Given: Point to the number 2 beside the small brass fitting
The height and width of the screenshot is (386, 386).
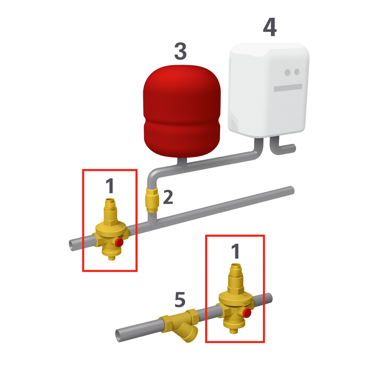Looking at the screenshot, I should pyautogui.click(x=167, y=197).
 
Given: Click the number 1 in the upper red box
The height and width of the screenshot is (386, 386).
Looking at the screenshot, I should pyautogui.click(x=110, y=185).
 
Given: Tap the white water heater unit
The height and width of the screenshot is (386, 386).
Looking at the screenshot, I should pyautogui.click(x=269, y=89).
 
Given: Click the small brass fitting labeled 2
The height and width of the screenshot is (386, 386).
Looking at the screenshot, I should pyautogui.click(x=150, y=198).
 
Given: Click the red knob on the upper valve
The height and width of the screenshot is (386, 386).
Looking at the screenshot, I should pyautogui.click(x=119, y=243).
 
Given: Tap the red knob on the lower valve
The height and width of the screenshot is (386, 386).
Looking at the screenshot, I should pyautogui.click(x=248, y=313).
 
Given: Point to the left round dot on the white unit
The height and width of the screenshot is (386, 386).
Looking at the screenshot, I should pyautogui.click(x=288, y=72).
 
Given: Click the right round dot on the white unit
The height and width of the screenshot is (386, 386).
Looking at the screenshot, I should pyautogui.click(x=297, y=72).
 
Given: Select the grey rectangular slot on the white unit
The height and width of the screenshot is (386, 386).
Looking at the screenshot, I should pyautogui.click(x=288, y=88).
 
